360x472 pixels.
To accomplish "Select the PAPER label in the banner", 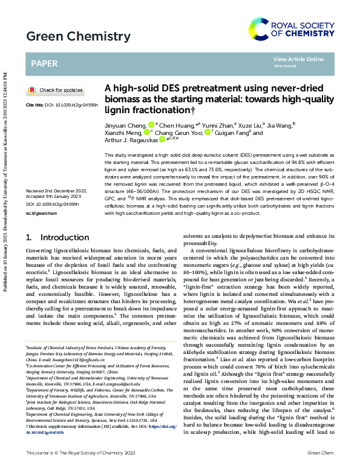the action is click(x=44, y=62).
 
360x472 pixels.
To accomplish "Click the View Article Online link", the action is click(x=298, y=59).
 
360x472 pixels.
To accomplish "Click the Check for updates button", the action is click(x=56, y=90).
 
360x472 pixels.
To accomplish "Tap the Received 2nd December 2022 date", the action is click(x=56, y=191).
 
